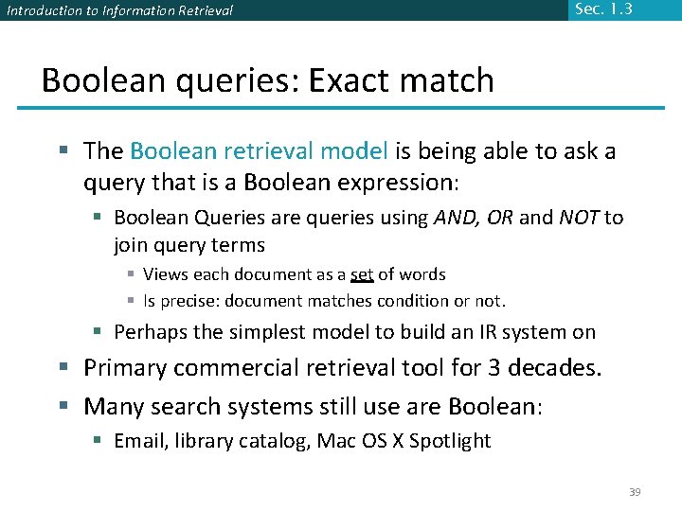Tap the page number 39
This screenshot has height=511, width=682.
pos(635,492)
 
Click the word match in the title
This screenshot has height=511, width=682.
pos(450,80)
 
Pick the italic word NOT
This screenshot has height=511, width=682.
pos(578,219)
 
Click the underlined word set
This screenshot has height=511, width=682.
pos(362,274)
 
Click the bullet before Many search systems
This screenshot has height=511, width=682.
pos(68,407)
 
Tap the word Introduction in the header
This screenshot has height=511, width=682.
pos(41,11)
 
